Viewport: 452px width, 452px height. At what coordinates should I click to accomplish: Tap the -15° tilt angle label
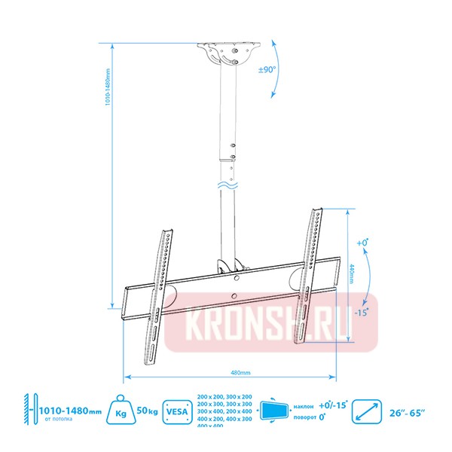pyautogui.click(x=362, y=311)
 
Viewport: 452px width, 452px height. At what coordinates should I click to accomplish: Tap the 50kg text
pyautogui.click(x=146, y=411)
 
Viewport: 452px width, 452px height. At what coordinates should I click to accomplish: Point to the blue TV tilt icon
pyautogui.click(x=273, y=411)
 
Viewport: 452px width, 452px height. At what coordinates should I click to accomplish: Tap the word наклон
pyautogui.click(x=304, y=405)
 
